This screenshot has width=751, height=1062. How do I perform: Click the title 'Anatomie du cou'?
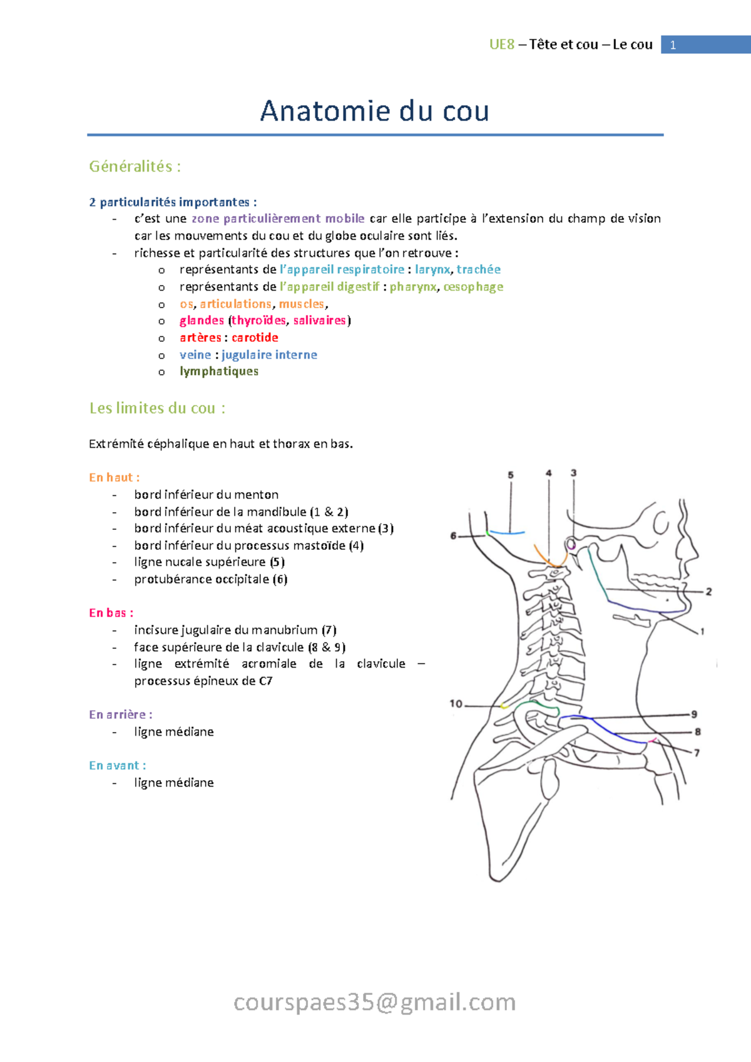point(374,111)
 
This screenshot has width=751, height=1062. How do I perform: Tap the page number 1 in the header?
point(673,45)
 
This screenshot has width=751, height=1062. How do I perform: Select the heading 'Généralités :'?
point(135,167)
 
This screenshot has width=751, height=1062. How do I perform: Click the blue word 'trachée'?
point(478,269)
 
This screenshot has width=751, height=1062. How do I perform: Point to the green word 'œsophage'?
point(473,287)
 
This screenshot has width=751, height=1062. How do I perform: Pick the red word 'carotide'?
point(255,338)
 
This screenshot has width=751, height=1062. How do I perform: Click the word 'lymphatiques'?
point(219,371)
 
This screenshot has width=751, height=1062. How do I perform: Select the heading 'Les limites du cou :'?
point(157,408)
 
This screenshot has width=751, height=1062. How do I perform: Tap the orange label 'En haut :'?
point(114,478)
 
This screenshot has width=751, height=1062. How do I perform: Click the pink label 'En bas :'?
point(111,613)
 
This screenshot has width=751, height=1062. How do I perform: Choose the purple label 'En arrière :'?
point(120,714)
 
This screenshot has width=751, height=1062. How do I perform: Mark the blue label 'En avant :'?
point(117,765)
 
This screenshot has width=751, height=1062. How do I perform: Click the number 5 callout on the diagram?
point(511,475)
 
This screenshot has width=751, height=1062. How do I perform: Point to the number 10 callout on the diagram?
point(456,704)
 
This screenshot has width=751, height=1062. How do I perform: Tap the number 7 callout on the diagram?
point(697,753)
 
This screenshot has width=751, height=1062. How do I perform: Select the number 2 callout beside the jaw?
point(708,592)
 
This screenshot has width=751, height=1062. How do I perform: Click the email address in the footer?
point(374,1002)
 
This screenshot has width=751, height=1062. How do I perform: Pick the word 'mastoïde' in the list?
point(321,545)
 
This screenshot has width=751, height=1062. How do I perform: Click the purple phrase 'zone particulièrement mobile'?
point(278,219)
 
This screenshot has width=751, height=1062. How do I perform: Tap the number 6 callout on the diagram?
point(453,536)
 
